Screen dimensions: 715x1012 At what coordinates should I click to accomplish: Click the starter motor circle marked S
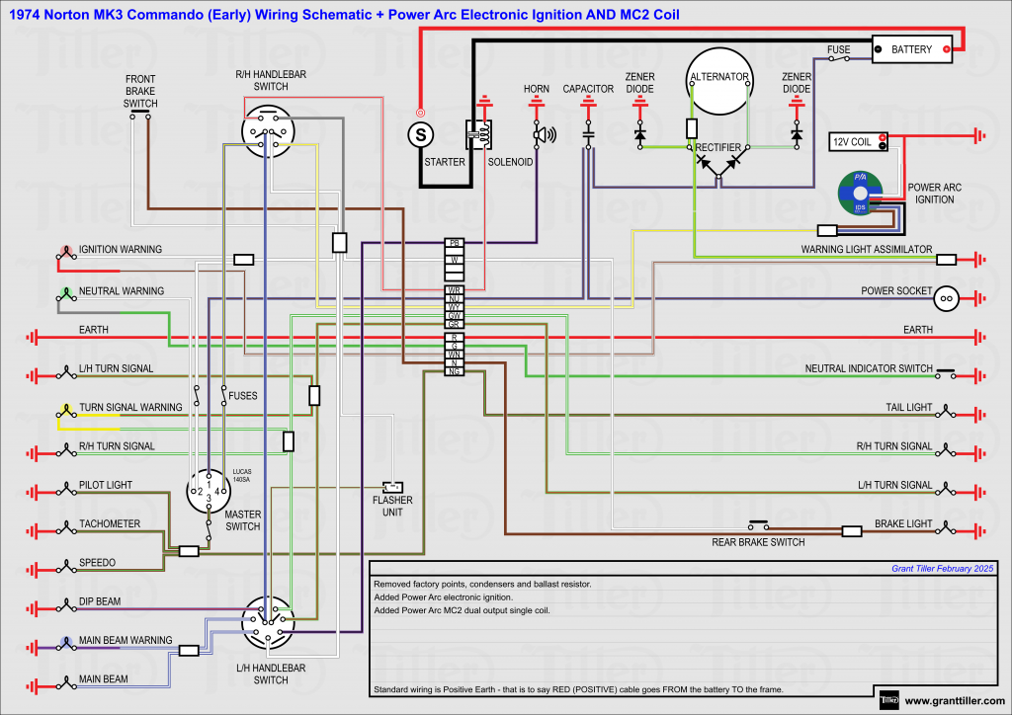pyautogui.click(x=421, y=132)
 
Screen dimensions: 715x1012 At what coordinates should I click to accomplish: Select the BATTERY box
pyautogui.click(x=911, y=49)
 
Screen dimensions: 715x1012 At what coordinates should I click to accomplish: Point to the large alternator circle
pyautogui.click(x=718, y=80)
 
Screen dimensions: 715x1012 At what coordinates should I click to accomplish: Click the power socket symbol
pyautogui.click(x=946, y=294)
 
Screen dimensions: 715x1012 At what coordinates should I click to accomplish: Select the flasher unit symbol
pyautogui.click(x=393, y=487)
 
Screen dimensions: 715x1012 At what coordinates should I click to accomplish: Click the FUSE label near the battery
pyautogui.click(x=839, y=48)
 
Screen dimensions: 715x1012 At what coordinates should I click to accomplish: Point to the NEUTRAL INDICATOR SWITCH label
pyautogui.click(x=869, y=368)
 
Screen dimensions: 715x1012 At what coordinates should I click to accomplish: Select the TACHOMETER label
pyautogui.click(x=110, y=523)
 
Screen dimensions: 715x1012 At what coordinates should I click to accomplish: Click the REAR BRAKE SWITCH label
pyautogui.click(x=758, y=542)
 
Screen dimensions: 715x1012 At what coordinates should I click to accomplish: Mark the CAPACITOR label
pyautogui.click(x=588, y=89)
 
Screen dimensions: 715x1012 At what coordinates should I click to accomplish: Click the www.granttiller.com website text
pyautogui.click(x=955, y=701)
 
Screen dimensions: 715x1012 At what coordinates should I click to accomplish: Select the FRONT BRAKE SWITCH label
pyautogui.click(x=140, y=91)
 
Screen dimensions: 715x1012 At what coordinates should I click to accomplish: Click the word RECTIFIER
pyautogui.click(x=718, y=147)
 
